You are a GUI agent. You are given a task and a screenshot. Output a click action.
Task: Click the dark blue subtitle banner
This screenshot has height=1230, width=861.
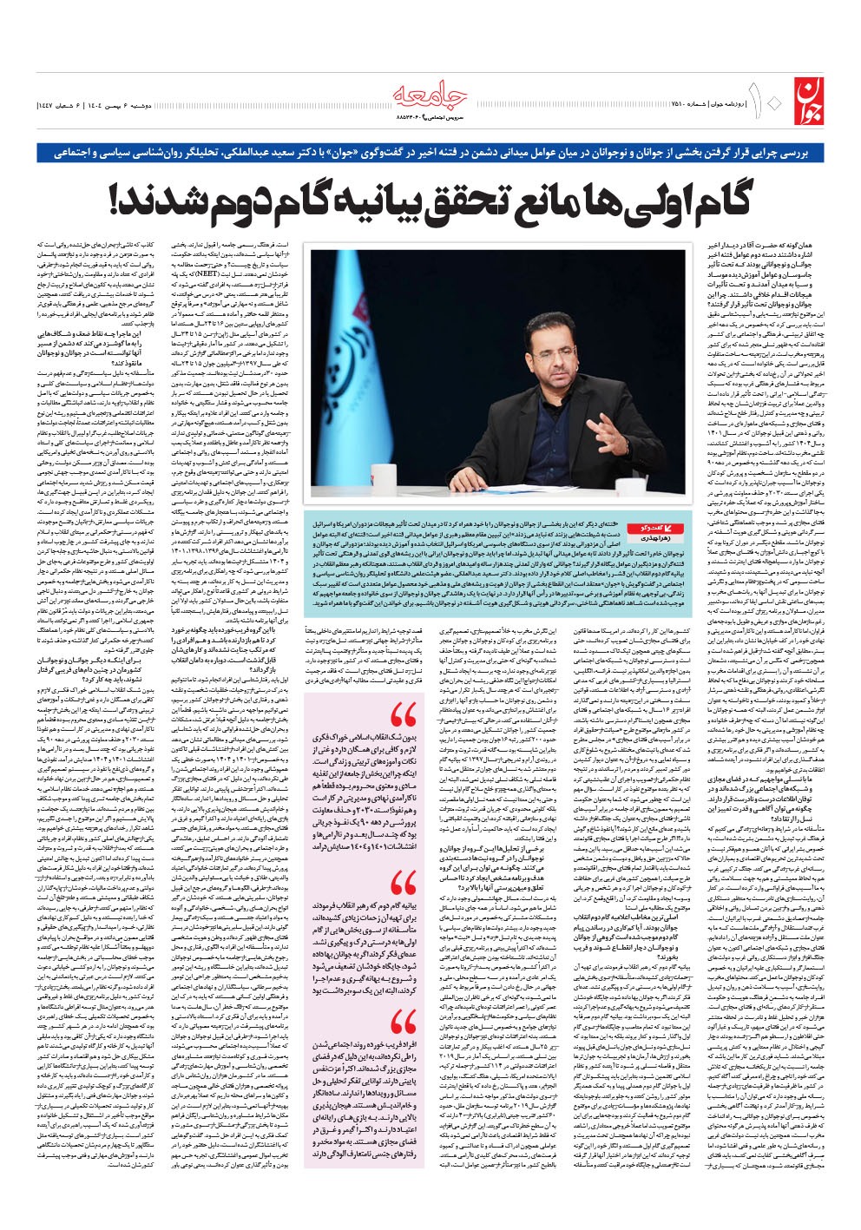tap(430, 151)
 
